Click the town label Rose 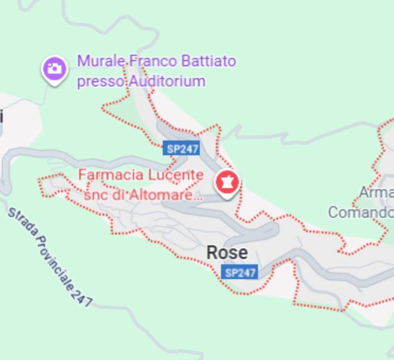(227, 253)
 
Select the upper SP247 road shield (183, 149)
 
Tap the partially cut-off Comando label (360, 212)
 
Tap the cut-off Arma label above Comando (376, 192)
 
